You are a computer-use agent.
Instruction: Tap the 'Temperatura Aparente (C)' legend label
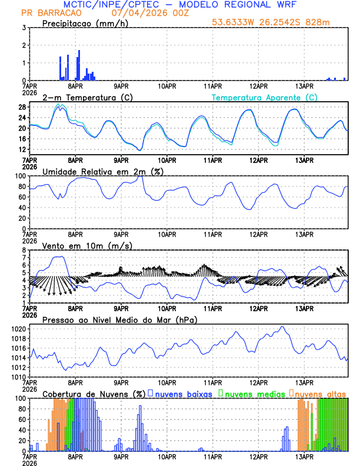point(265,97)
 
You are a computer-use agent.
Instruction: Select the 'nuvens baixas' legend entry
point(184,394)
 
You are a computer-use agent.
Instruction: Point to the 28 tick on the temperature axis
point(21,107)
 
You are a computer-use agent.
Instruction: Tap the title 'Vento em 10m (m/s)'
point(87,245)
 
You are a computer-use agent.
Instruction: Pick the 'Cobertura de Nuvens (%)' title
point(94,394)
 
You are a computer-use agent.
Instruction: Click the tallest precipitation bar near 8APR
point(79,65)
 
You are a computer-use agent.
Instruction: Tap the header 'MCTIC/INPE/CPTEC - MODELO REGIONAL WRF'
point(179,4)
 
